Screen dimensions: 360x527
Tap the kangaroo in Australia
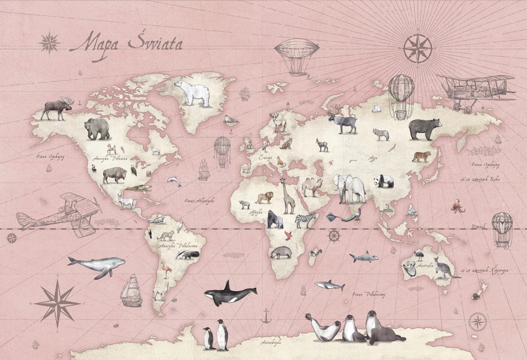pos(443,268)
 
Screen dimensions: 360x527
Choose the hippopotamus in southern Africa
pos(279,252)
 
